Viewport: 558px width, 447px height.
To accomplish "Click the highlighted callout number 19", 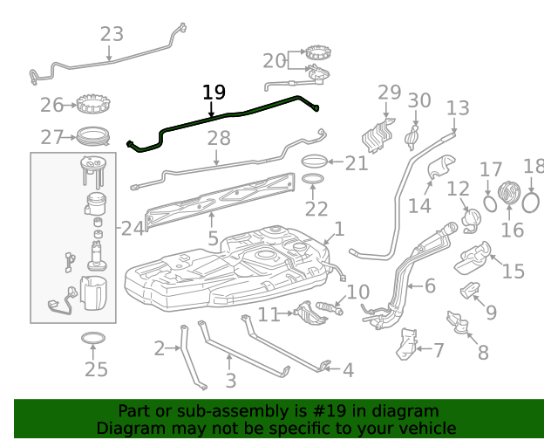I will (x=214, y=92).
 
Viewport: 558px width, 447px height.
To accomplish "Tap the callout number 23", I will (x=112, y=34).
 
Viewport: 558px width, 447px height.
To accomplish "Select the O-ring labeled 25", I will (x=94, y=339).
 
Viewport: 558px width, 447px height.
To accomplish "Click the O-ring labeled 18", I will (x=531, y=202).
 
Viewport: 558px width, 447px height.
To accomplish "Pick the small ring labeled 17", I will (x=491, y=203).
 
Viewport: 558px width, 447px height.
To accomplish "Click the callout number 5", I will (x=213, y=238).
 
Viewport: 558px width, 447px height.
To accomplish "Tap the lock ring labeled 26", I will (x=92, y=105).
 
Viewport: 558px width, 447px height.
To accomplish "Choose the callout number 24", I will (x=133, y=229).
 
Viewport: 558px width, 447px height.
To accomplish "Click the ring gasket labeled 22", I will (x=315, y=182).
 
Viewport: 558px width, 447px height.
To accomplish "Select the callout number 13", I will (x=458, y=108).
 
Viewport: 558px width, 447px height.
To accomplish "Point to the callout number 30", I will (x=419, y=100).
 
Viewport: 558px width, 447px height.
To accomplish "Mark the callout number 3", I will (x=230, y=381).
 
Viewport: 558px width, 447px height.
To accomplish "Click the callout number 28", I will (x=219, y=138).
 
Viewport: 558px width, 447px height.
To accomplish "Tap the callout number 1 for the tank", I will (x=339, y=230).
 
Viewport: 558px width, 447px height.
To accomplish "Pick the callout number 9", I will (x=491, y=312).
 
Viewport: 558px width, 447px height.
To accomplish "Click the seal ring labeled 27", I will (x=92, y=136).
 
